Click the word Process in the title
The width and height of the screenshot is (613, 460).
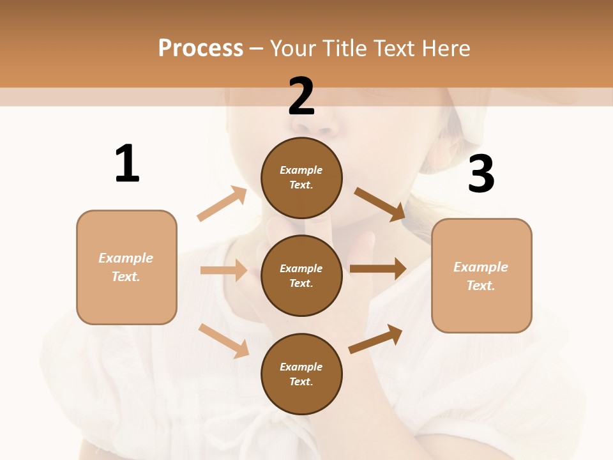[201, 48]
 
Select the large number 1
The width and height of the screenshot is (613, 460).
[127, 164]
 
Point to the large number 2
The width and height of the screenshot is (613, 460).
[301, 96]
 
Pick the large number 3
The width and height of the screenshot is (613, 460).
[481, 174]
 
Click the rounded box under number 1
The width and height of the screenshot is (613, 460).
[126, 267]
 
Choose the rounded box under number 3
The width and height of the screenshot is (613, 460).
[481, 276]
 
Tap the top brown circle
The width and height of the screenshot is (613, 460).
[301, 178]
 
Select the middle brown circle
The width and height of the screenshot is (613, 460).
[301, 275]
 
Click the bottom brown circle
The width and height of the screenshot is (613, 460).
[301, 374]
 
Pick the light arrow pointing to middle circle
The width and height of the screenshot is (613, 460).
[223, 270]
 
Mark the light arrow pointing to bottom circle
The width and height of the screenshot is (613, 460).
[223, 341]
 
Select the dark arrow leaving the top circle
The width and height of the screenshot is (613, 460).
[379, 204]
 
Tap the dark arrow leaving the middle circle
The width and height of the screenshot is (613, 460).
[378, 268]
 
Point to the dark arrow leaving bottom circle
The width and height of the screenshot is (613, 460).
[375, 339]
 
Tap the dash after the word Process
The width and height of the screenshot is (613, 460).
[257, 49]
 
